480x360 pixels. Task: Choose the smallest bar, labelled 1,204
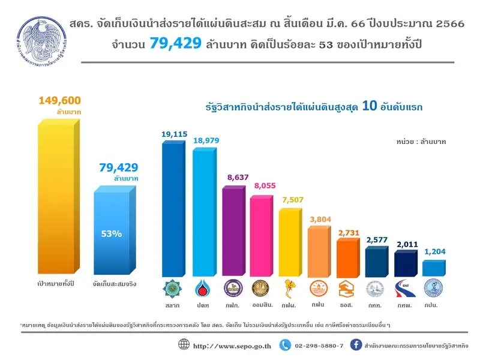point(434,267)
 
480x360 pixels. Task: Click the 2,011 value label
point(406,245)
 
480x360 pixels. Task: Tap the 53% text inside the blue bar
point(112,233)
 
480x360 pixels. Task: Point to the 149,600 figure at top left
point(59,100)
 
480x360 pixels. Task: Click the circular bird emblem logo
point(43,44)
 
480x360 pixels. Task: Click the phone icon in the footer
point(286,345)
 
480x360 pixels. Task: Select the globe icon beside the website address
point(184,345)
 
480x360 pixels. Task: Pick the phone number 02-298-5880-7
point(320,346)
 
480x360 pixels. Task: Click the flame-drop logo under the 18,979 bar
point(203,289)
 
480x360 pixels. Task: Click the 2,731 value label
point(349,232)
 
